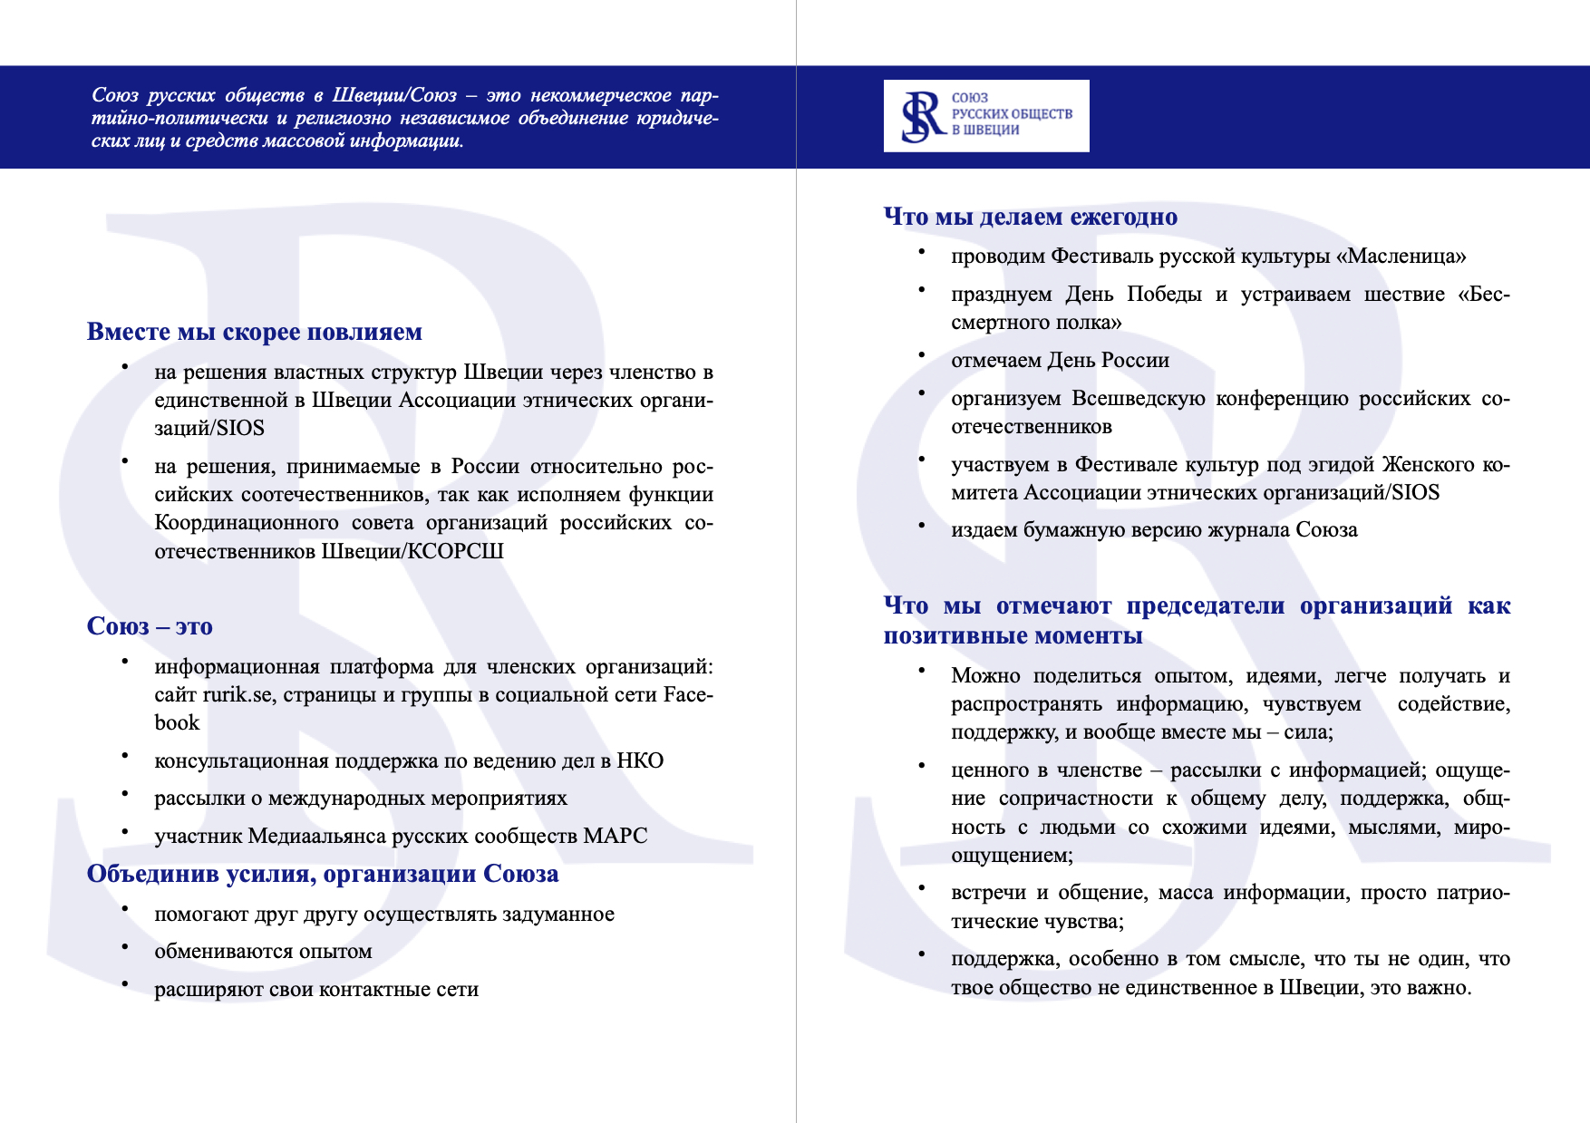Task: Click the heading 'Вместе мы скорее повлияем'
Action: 255,332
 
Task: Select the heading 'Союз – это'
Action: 150,626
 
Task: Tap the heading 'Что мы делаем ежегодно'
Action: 1031,217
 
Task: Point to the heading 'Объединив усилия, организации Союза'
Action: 323,874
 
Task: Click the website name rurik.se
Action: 238,695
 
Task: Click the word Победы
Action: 1164,295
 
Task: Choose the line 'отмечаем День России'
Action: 1060,361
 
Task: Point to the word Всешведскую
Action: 1138,399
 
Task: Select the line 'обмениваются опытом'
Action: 263,952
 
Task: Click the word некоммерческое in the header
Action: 600,95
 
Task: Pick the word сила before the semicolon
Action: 1304,732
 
